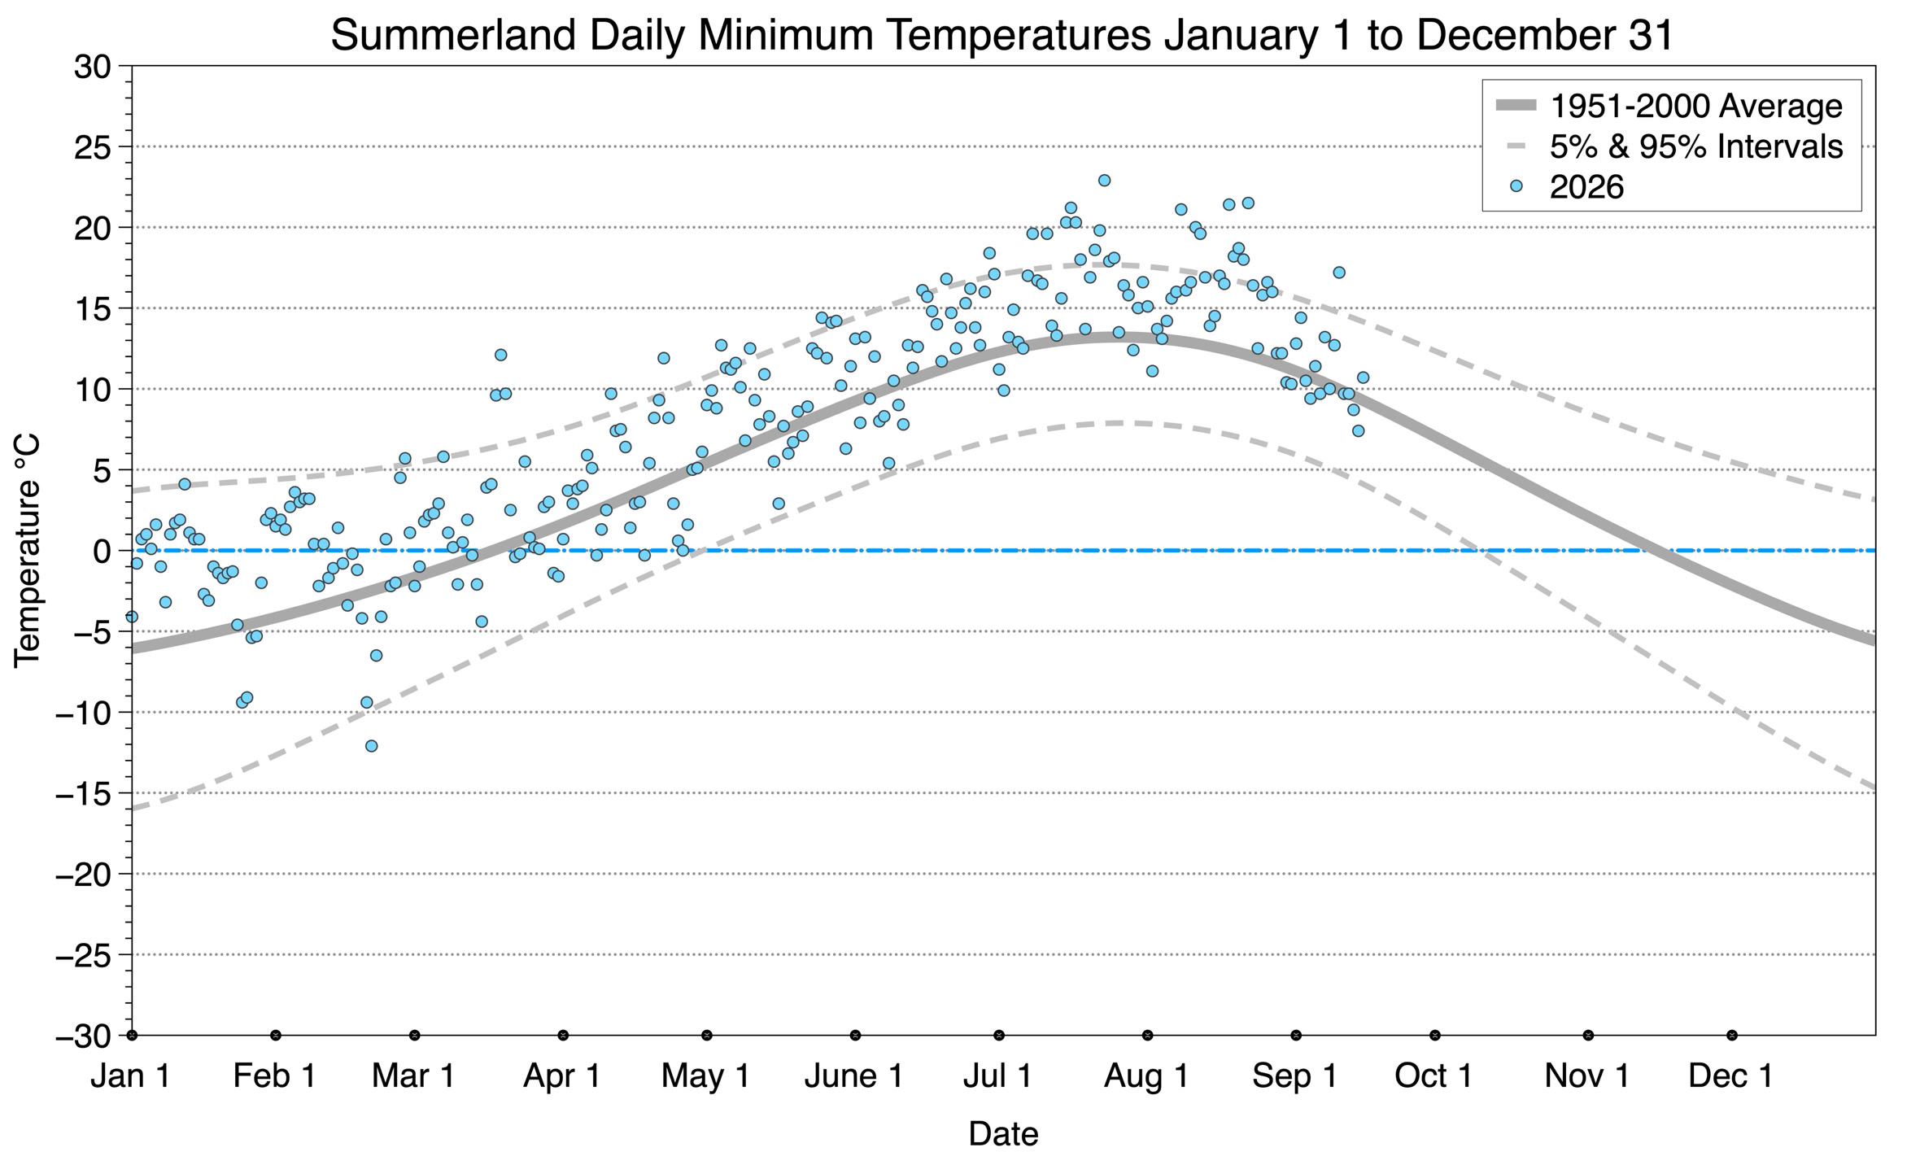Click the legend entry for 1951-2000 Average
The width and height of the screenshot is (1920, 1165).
coord(1695,106)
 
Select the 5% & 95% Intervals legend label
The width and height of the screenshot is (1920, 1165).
coord(1696,146)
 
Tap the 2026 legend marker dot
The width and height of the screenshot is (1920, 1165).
coord(1516,186)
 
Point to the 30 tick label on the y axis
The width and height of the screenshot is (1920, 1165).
coord(92,67)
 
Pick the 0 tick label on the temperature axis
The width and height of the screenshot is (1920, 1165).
coord(102,552)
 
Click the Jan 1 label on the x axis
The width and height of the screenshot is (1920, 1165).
coord(131,1076)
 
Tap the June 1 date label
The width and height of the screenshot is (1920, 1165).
coord(854,1076)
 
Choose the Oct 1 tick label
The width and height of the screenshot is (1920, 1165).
coord(1434,1076)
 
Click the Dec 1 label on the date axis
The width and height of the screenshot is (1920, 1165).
coord(1731,1076)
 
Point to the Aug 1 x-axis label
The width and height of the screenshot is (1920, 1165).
coord(1146,1076)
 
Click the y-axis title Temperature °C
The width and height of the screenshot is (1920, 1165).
coord(27,551)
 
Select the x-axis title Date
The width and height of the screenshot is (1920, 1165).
coord(1003,1134)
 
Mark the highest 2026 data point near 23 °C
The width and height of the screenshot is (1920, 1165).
coord(1104,181)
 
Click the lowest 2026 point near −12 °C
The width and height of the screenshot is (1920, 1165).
coord(371,746)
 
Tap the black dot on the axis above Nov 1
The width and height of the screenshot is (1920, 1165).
coord(1588,1036)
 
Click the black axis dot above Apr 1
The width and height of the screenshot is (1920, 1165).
coord(563,1036)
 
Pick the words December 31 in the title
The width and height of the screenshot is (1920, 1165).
coord(1546,36)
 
